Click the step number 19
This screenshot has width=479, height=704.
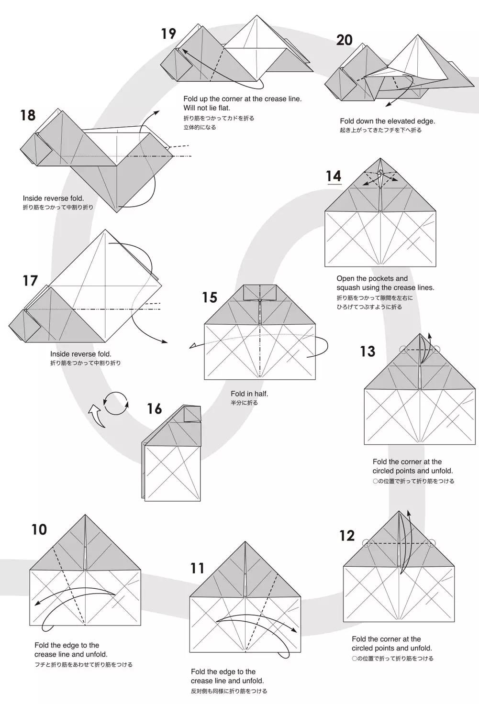click(x=168, y=33)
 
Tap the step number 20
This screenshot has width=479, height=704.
click(x=344, y=40)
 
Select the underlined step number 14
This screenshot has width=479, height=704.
click(x=334, y=176)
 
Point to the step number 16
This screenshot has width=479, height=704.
click(x=154, y=409)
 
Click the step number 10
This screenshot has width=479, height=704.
click(x=39, y=530)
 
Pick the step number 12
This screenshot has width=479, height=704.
click(x=347, y=536)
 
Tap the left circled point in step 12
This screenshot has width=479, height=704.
click(x=367, y=543)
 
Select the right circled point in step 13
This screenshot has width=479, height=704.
click(x=436, y=350)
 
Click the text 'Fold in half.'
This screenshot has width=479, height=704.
click(x=249, y=394)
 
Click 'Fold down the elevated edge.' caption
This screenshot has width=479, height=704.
click(x=387, y=121)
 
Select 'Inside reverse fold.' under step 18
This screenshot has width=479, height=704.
click(x=53, y=198)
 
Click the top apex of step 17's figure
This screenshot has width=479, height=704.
click(x=105, y=230)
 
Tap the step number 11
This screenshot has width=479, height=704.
click(x=197, y=568)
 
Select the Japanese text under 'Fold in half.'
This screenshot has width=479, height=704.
click(x=244, y=403)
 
